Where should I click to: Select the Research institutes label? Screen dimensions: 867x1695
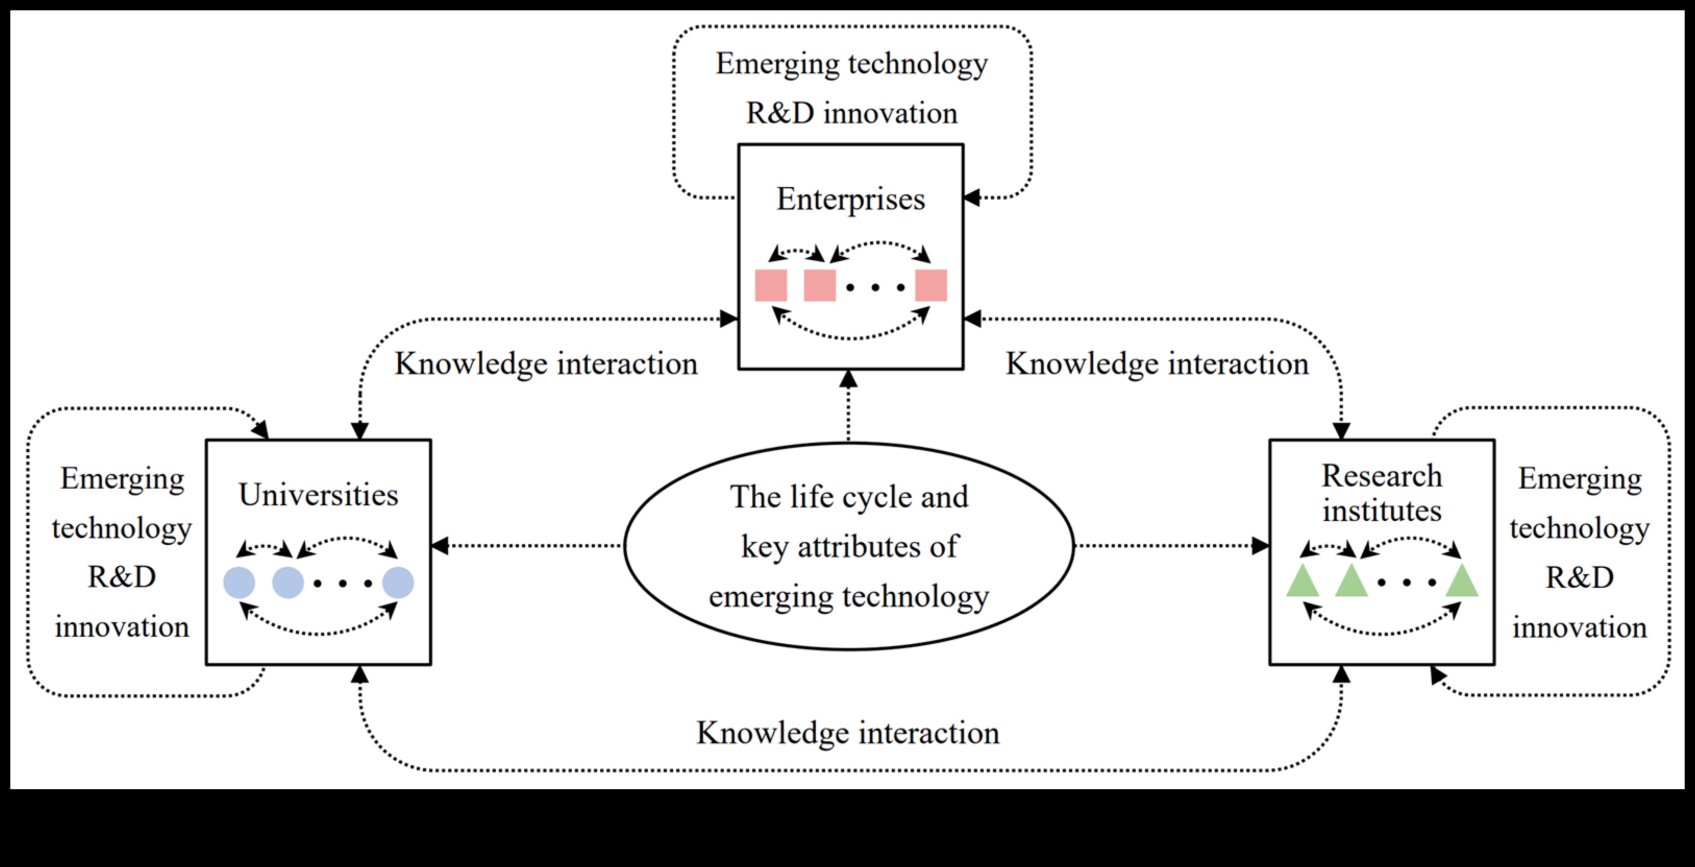tap(1382, 493)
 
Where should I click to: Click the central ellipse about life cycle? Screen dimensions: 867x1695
tap(849, 546)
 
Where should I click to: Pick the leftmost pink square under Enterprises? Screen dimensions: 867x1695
tap(771, 286)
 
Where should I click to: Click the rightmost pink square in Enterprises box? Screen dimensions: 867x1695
tap(931, 286)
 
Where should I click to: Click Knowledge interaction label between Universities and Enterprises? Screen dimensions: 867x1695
tap(546, 364)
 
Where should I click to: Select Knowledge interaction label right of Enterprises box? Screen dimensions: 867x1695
tap(1157, 364)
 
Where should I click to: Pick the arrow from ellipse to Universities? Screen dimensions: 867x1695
tap(526, 546)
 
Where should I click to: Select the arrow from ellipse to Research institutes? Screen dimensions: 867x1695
tap(1171, 546)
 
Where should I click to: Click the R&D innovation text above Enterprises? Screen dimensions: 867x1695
tap(851, 113)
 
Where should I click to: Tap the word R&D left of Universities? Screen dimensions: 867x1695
tap(122, 577)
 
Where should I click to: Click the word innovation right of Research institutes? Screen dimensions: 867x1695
tap(1579, 627)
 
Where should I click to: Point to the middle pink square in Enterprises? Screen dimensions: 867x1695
tap(820, 286)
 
